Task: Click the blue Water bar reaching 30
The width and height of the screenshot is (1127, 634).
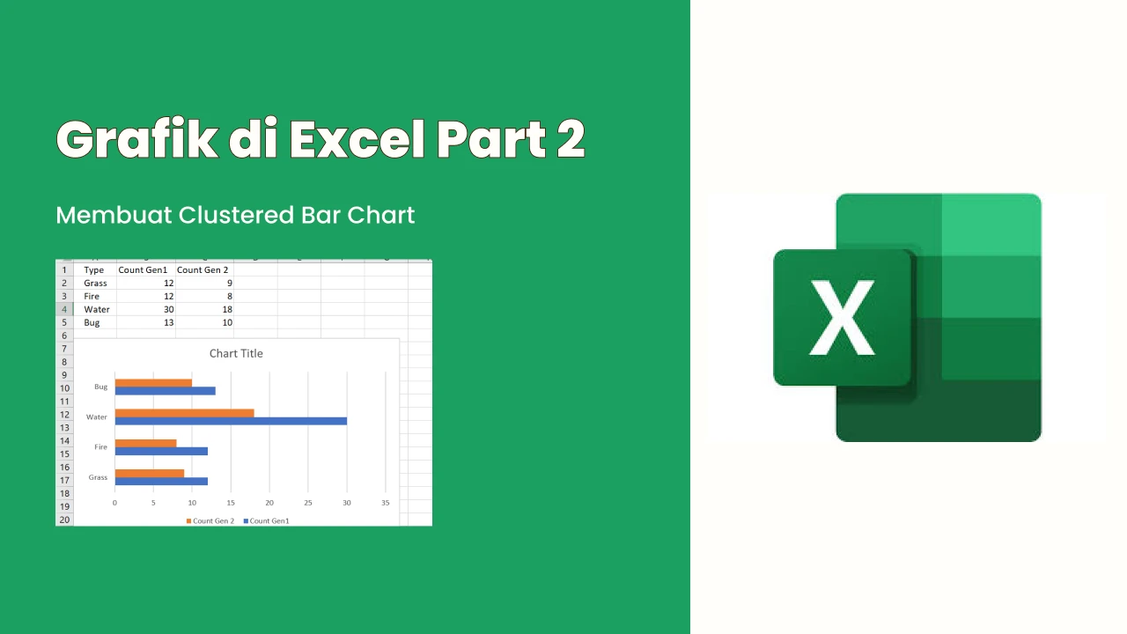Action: point(231,421)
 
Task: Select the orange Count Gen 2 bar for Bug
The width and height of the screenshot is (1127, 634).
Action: point(153,383)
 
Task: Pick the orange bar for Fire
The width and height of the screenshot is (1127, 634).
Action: point(146,443)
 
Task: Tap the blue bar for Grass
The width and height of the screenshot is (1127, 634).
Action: point(161,482)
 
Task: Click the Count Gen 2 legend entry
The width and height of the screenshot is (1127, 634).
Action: point(210,520)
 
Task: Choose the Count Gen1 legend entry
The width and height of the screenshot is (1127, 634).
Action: point(267,520)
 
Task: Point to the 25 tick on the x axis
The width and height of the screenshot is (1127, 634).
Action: point(308,503)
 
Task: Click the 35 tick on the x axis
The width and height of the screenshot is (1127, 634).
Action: point(386,503)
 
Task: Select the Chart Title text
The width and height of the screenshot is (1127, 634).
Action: point(236,353)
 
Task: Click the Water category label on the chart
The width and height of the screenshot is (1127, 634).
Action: point(97,417)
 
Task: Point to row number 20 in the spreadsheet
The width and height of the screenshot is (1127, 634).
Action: point(64,520)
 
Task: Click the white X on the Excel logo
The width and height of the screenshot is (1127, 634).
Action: point(842,318)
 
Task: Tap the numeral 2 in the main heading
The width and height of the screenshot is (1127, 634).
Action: point(571,139)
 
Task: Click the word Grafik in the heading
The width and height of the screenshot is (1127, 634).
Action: point(137,139)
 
